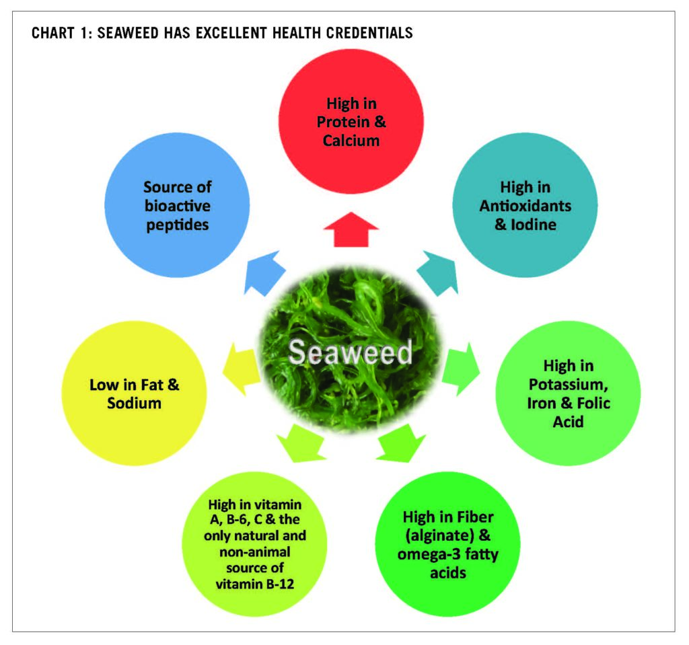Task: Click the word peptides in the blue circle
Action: tap(177, 224)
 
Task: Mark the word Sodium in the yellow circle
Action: tap(134, 404)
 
